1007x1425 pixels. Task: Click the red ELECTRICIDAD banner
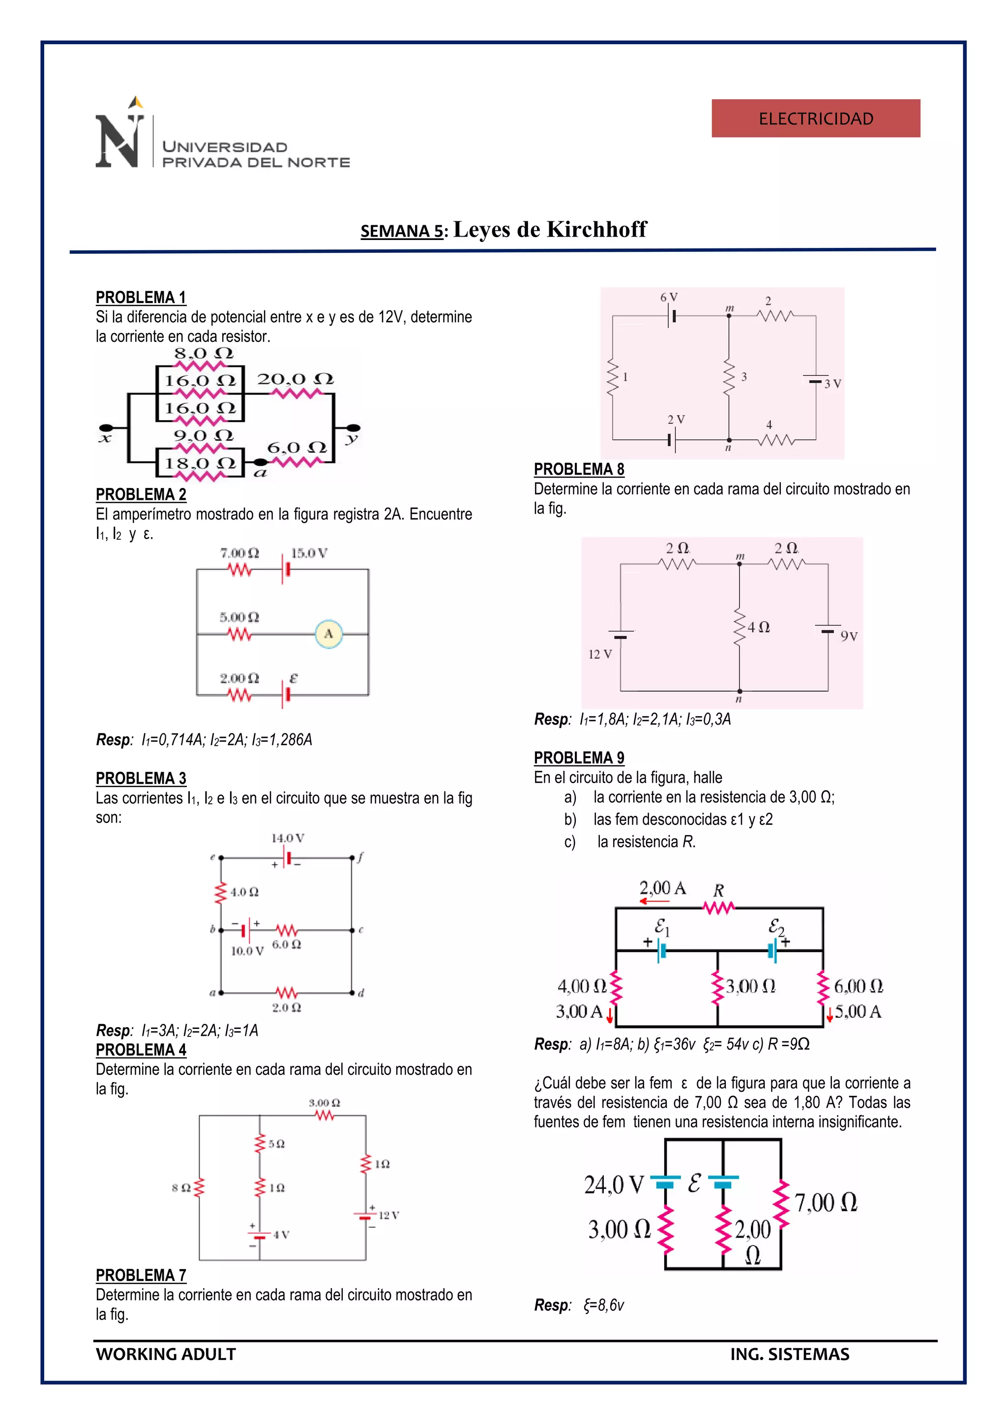point(815,118)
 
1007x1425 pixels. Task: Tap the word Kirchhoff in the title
point(596,229)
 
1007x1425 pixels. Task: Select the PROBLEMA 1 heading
point(141,297)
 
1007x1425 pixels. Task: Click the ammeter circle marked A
point(328,634)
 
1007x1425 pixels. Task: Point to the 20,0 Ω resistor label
point(296,379)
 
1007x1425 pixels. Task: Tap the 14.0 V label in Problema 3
point(287,838)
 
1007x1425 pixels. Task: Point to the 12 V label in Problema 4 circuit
point(388,1214)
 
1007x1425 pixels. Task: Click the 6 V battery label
point(668,297)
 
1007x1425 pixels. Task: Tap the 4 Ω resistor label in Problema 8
point(758,627)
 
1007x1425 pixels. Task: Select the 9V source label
point(848,636)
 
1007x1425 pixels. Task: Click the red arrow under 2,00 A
point(654,901)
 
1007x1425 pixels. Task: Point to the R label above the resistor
point(718,890)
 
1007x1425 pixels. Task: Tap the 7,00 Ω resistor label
point(826,1202)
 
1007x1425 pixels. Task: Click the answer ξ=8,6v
point(603,1305)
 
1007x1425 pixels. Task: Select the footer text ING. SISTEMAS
point(789,1354)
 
